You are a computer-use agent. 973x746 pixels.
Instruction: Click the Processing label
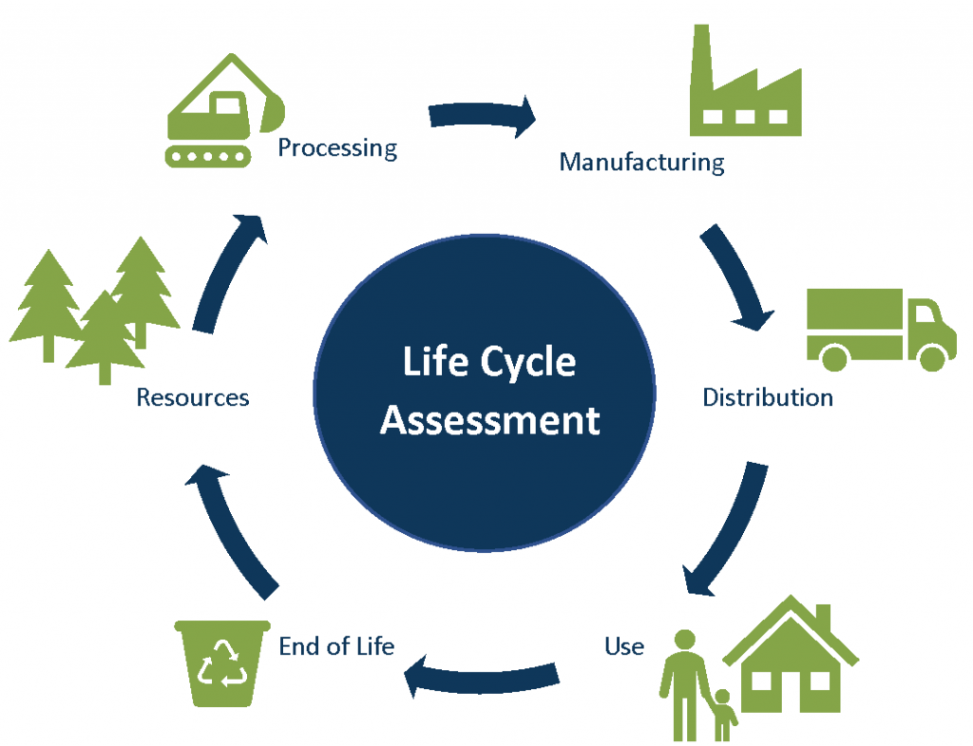(x=337, y=148)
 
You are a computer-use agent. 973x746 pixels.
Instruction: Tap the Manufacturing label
(x=641, y=162)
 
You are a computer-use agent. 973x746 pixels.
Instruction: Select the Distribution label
(x=767, y=396)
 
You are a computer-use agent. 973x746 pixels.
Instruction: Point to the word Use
(x=624, y=647)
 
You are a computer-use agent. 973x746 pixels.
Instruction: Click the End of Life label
(x=336, y=647)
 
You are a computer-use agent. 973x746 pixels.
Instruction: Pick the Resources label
(x=193, y=396)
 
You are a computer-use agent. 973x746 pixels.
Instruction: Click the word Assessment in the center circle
(x=489, y=419)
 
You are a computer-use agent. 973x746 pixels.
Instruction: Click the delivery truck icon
(x=880, y=328)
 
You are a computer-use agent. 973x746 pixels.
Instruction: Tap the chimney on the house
(x=823, y=618)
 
